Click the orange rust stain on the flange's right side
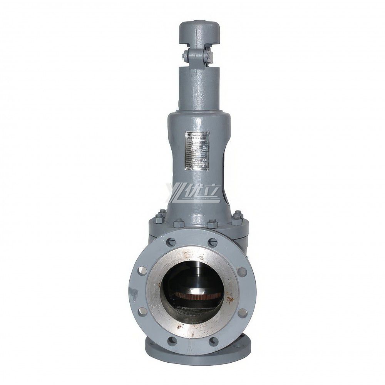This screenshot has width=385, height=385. click(x=230, y=299)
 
